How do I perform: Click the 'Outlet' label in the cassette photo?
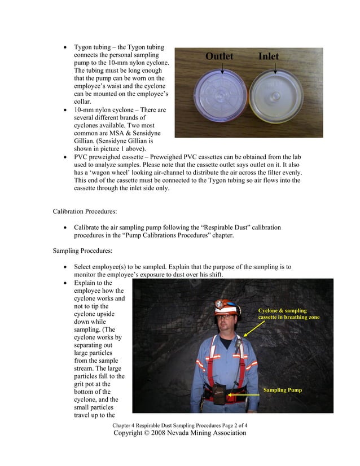tap(219, 56)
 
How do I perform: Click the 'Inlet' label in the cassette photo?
tap(269, 56)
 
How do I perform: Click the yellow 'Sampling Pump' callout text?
tap(282, 390)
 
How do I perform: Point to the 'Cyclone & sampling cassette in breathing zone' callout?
tap(288, 314)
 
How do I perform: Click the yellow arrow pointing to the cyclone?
tap(251, 329)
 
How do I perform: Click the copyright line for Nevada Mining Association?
tap(180, 433)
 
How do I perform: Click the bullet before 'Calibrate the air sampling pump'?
tap(67, 227)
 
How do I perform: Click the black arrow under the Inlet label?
tap(275, 68)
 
